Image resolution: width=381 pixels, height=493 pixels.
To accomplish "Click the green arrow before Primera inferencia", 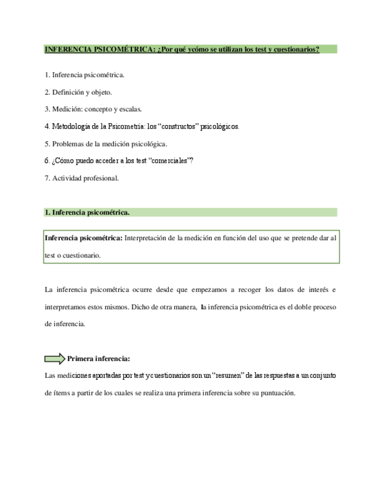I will (x=54, y=358).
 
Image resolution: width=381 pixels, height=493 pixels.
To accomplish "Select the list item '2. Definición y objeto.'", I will (x=78, y=92).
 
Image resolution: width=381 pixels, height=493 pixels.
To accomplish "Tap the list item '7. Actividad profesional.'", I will (x=81, y=178).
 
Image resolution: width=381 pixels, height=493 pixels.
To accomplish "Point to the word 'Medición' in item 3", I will (x=66, y=109).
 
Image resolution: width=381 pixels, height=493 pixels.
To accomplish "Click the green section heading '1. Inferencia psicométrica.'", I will (x=87, y=213).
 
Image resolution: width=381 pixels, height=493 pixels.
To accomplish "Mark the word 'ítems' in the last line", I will (x=60, y=392).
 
